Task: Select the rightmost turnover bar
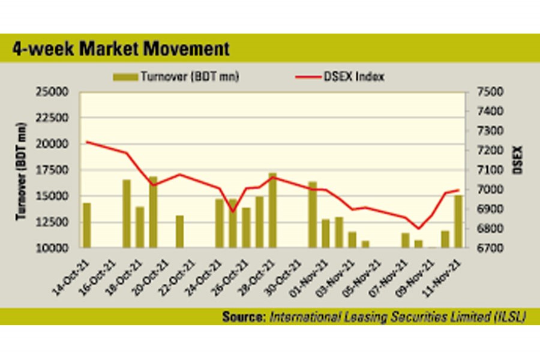(458, 221)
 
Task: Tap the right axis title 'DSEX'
(517, 160)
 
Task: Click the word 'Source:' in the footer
(242, 316)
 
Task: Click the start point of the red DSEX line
(87, 142)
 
